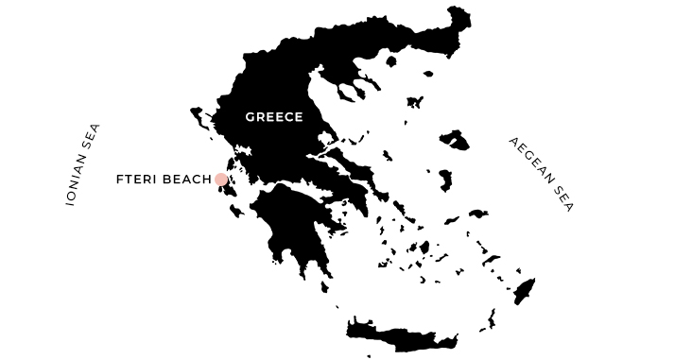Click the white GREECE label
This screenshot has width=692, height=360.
[273, 117]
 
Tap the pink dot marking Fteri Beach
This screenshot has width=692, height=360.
[221, 180]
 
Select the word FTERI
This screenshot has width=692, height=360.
[137, 180]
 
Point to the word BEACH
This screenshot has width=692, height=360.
[188, 180]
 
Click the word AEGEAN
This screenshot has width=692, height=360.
[529, 159]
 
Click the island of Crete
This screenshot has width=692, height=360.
[402, 334]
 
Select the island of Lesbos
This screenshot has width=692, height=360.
[455, 140]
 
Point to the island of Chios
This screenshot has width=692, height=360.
[444, 179]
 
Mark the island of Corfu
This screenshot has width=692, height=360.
[199, 117]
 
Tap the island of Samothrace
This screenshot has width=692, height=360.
[427, 73]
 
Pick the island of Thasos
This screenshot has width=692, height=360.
[389, 63]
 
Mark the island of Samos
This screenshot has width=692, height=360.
[478, 214]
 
